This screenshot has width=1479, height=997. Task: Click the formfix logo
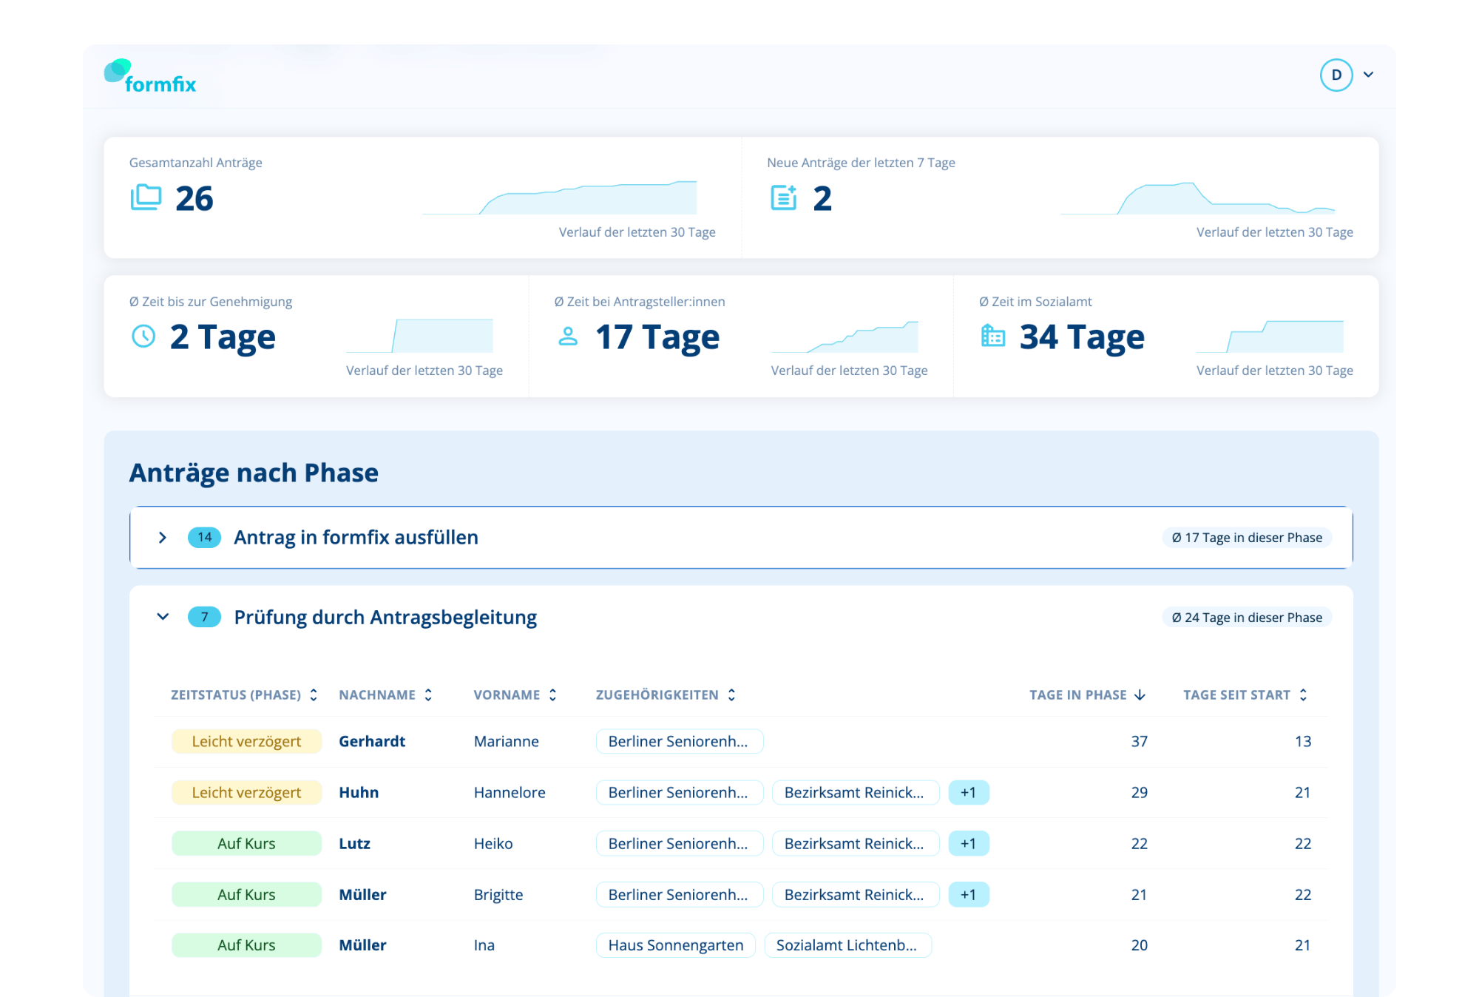coord(150,76)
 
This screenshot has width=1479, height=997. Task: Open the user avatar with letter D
coord(1336,75)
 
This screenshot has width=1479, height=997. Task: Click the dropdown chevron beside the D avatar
coord(1369,75)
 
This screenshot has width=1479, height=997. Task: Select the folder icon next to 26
coord(146,197)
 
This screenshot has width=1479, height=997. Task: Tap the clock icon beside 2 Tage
coord(143,337)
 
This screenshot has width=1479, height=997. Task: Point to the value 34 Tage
coord(1082,337)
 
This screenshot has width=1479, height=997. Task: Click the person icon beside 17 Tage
coord(568,337)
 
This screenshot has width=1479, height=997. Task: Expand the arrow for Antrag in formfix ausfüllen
coord(163,538)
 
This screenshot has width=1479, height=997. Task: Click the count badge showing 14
coord(205,538)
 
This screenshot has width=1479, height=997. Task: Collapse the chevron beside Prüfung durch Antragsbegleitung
coord(163,617)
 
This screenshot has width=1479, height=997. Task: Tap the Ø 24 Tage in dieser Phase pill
coord(1247,618)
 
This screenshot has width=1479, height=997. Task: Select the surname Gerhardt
coord(372,742)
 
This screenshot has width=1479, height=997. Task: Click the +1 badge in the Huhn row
coord(969,793)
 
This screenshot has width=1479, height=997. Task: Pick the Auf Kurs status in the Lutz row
coord(246,844)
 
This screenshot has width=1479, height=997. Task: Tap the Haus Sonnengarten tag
coord(676,945)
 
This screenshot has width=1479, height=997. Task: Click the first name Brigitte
coord(498,895)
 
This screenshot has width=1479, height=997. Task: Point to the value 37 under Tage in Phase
coord(1140,742)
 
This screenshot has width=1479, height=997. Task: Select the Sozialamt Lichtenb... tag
coord(847,945)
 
